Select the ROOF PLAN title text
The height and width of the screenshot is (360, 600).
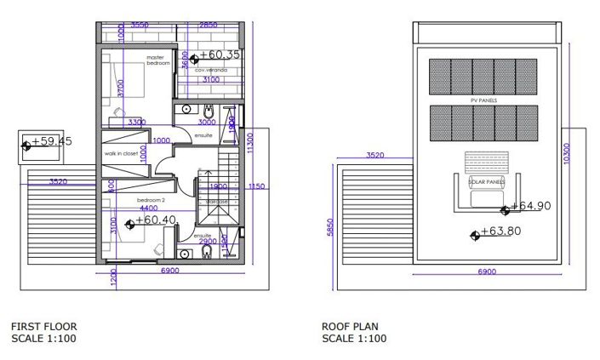349,326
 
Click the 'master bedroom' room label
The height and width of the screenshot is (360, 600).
158,60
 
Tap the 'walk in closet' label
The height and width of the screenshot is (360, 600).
121,153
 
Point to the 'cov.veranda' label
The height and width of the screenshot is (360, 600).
211,70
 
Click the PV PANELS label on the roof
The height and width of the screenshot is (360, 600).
483,100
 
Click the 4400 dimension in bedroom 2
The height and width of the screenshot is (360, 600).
148,208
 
